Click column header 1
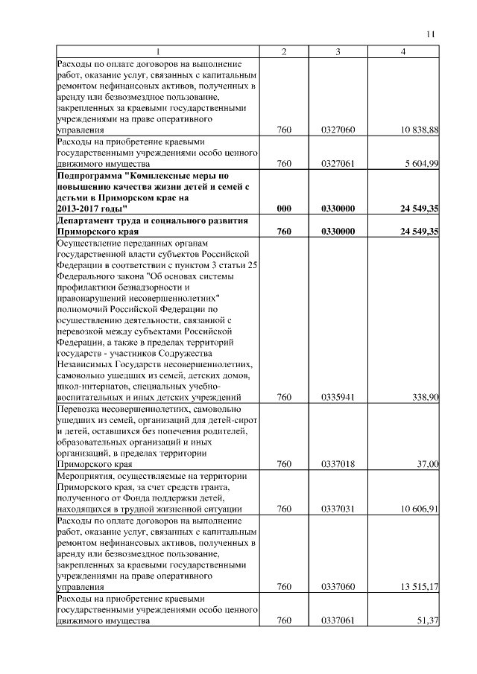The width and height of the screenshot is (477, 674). click(158, 51)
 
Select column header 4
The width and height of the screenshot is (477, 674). click(402, 51)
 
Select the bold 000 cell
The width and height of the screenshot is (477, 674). click(283, 210)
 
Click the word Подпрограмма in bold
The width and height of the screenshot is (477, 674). click(89, 175)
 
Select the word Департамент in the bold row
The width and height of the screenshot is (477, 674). click(86, 221)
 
